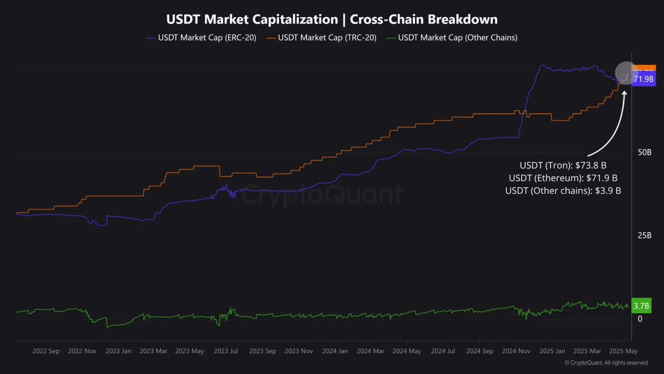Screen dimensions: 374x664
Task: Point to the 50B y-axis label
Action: pos(645,152)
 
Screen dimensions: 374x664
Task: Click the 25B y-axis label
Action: pos(645,235)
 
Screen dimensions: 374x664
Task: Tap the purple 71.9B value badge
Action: pos(644,80)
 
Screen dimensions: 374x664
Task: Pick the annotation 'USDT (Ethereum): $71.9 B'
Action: pos(563,178)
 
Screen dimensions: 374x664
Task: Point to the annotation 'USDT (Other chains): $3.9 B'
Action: pos(563,191)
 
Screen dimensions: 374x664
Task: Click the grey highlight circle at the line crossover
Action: pos(626,73)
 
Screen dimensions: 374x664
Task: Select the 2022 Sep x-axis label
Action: pos(46,351)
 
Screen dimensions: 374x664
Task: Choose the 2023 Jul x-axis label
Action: pos(226,351)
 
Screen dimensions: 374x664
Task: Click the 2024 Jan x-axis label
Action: pos(335,351)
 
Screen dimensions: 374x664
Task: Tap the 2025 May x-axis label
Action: pos(623,351)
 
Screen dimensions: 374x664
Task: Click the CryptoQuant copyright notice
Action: pos(606,363)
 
